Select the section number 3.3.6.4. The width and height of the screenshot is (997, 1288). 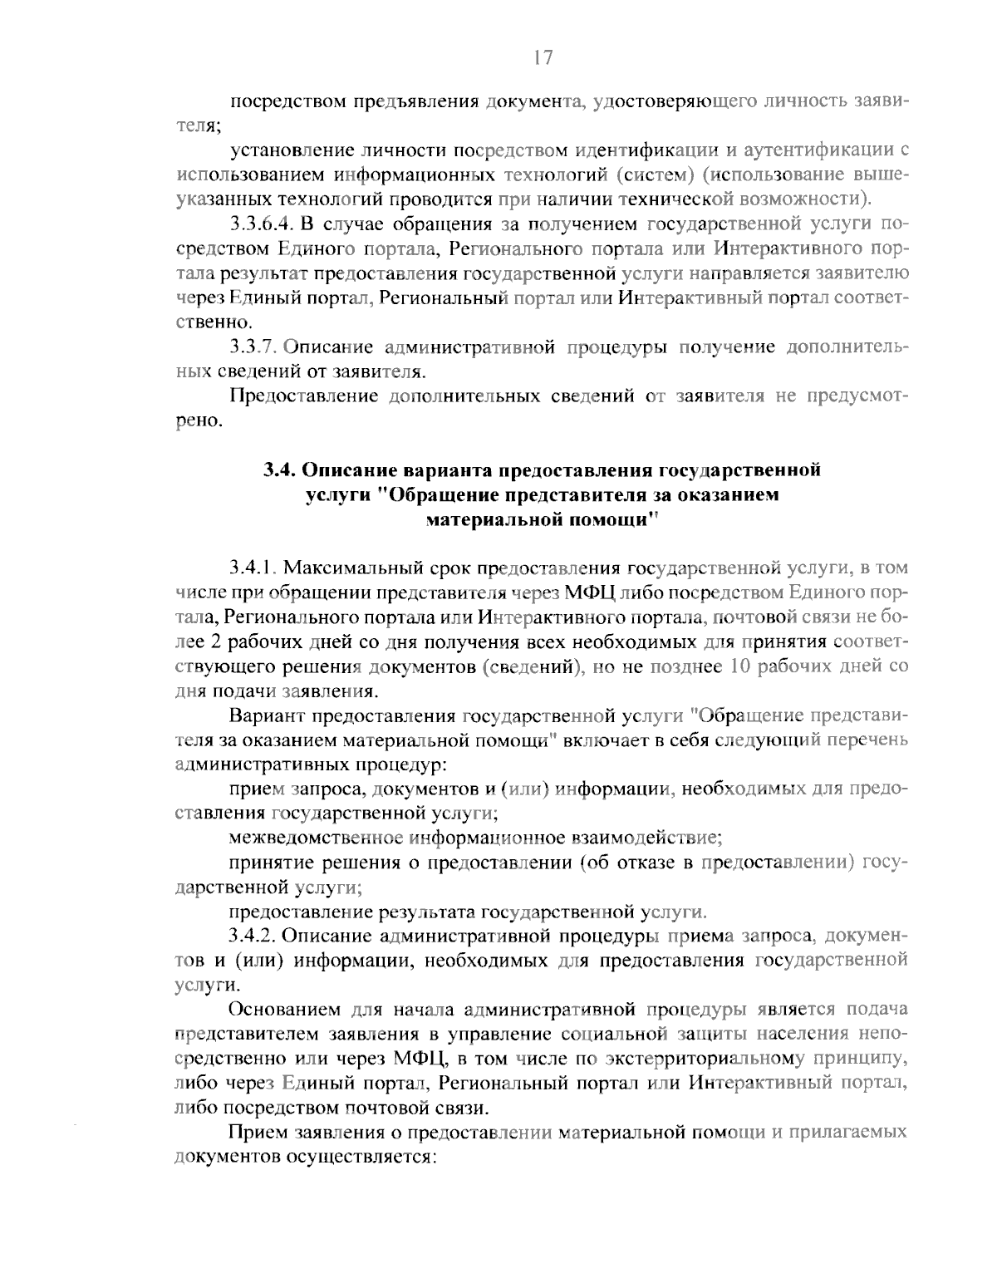(x=261, y=224)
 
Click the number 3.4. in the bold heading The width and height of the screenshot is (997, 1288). (x=280, y=470)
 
